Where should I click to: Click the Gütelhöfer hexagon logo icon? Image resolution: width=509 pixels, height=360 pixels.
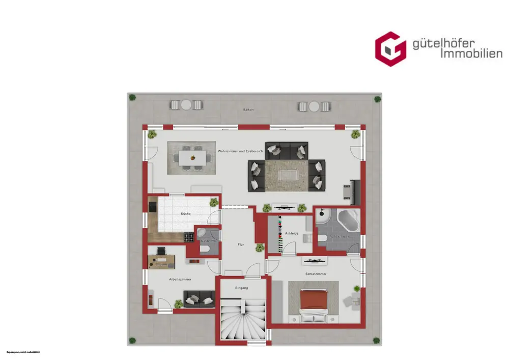390,49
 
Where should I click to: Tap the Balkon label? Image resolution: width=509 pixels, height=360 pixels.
248,109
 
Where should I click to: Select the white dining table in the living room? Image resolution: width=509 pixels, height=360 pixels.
192,157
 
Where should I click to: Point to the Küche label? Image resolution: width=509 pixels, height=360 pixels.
185,214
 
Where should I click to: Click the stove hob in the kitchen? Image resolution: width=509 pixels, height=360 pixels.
188,237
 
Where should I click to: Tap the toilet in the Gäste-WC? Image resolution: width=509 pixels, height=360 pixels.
205,248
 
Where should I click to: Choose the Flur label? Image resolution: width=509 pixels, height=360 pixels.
241,245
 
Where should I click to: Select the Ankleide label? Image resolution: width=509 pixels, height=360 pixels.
292,234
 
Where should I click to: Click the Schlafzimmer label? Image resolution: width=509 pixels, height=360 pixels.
316,274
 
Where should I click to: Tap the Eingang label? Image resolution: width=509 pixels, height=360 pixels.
241,288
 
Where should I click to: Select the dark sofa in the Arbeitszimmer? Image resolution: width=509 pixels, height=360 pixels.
199,299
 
